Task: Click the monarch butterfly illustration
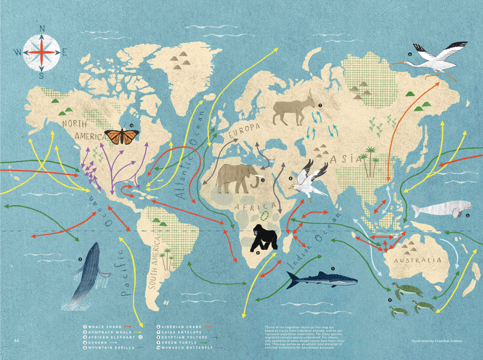121,136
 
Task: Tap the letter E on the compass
64,53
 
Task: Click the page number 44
17,341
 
